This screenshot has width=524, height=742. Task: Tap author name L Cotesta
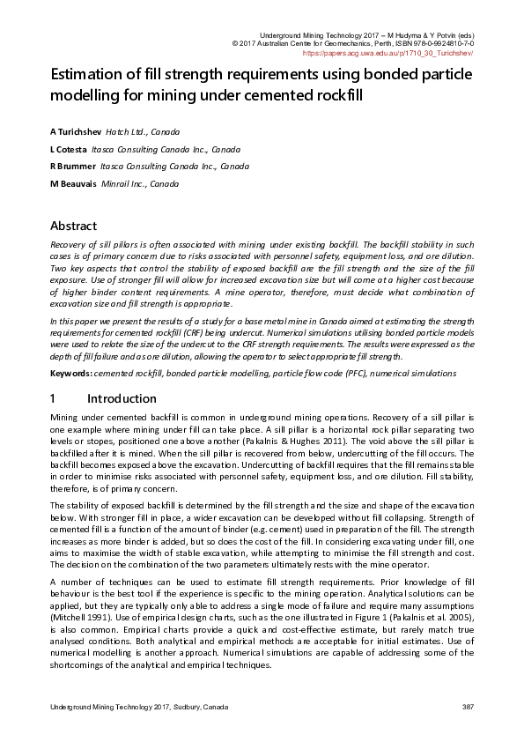(69, 149)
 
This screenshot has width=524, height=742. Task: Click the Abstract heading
(73, 226)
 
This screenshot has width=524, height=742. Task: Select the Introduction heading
(122, 399)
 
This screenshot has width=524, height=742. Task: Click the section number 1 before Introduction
(54, 399)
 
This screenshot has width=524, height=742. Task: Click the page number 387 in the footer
(468, 708)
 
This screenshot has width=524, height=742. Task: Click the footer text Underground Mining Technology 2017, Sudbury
(138, 708)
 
